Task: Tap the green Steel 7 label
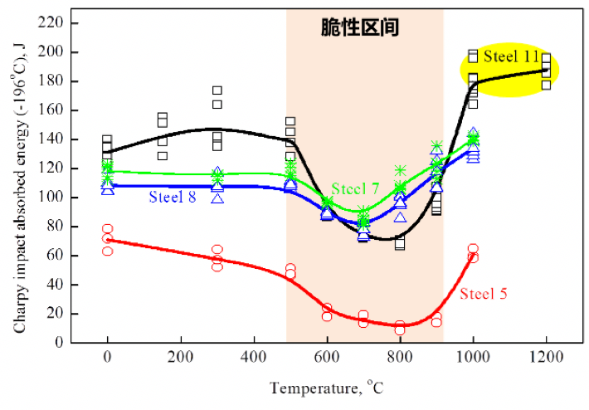356,189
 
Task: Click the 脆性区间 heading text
361,28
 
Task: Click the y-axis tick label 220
52,23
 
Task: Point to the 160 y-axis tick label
52,110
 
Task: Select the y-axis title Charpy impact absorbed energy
19,183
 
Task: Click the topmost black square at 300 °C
217,90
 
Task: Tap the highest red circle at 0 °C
108,229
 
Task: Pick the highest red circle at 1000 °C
473,248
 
